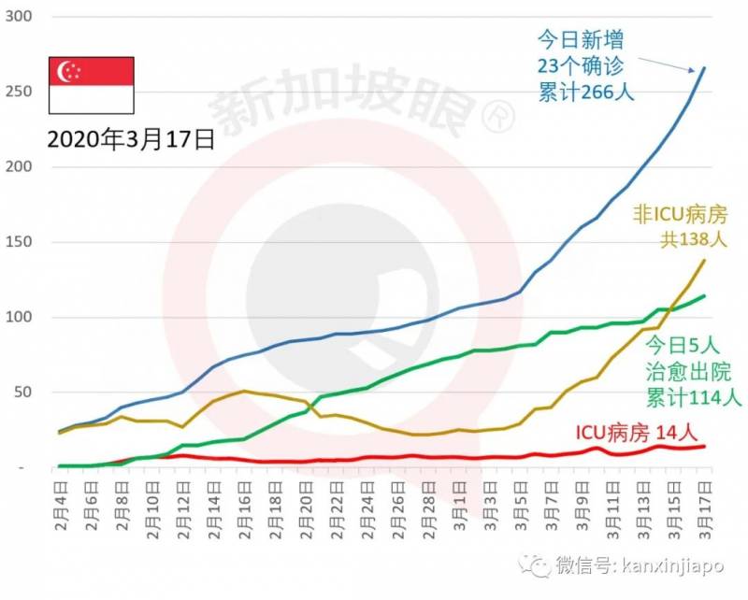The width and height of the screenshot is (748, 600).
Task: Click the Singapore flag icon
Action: [x=91, y=85]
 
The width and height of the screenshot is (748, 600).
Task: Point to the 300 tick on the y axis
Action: [x=20, y=17]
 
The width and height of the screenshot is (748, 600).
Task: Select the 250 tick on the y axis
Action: [x=20, y=92]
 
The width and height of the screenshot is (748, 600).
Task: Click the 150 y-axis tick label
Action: [x=20, y=242]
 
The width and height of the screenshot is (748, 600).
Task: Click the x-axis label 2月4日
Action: [x=62, y=501]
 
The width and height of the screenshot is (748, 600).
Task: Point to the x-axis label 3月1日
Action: [x=460, y=501]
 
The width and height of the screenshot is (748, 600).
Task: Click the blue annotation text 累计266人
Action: [x=586, y=93]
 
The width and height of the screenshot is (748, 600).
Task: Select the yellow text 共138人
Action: [x=694, y=239]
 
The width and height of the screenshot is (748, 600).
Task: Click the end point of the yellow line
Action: [x=704, y=260]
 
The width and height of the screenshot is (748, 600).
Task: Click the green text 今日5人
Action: [x=685, y=342]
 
